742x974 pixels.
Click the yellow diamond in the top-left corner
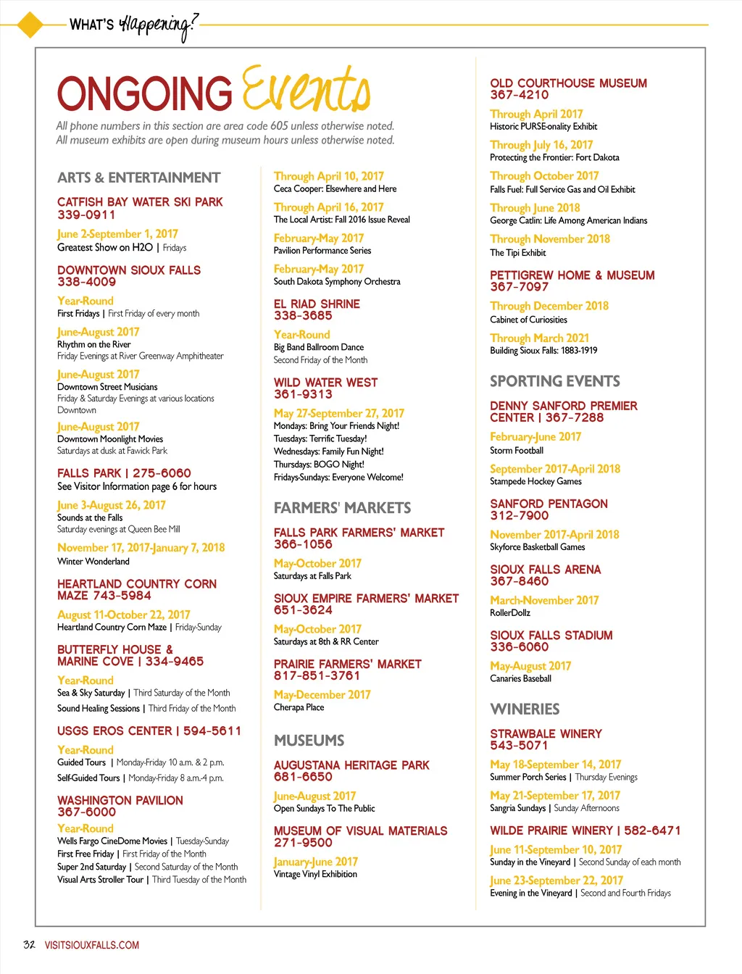[30, 24]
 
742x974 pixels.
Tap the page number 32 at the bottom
[29, 944]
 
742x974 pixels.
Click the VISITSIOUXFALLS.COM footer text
[92, 945]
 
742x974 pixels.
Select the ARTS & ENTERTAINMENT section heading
[138, 178]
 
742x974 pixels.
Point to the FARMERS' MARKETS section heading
[342, 508]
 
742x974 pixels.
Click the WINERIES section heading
[525, 709]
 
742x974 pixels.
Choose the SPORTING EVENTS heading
[554, 381]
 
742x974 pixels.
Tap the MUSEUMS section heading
[309, 741]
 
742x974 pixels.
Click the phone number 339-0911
[86, 215]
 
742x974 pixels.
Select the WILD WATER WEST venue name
[325, 382]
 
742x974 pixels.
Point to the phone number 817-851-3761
[317, 675]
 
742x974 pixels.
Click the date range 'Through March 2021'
[539, 338]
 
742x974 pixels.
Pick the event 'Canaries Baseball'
[520, 679]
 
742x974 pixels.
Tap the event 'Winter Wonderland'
[93, 561]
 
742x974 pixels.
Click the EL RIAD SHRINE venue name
[317, 304]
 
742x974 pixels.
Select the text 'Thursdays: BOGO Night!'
[319, 465]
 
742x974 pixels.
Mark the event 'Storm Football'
[517, 450]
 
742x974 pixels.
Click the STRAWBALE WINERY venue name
[546, 733]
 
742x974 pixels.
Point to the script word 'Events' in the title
[306, 91]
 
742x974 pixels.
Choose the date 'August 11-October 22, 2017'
[124, 615]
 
